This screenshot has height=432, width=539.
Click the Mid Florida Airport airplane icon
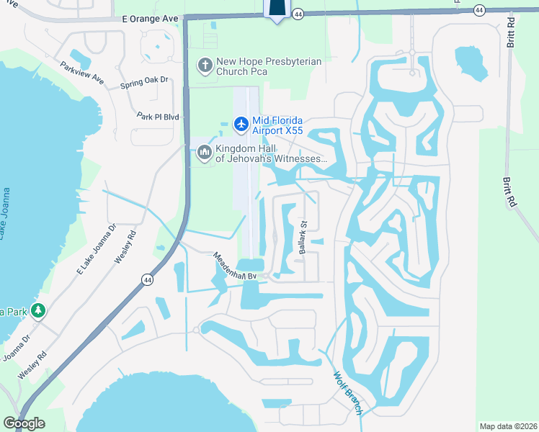pyautogui.click(x=241, y=125)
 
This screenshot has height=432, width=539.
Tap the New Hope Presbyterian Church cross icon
pyautogui.click(x=205, y=66)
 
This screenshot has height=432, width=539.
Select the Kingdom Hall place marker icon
pyautogui.click(x=205, y=153)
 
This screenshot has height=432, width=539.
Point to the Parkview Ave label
pyautogui.click(x=82, y=73)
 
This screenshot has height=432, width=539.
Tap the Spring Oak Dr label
pyautogui.click(x=144, y=84)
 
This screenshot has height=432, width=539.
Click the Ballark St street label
pyautogui.click(x=303, y=238)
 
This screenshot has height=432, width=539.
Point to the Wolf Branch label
pyautogui.click(x=349, y=393)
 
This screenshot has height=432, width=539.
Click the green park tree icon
pyautogui.click(x=37, y=311)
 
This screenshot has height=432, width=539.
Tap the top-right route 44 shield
pyautogui.click(x=479, y=9)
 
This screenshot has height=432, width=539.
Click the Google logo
pyautogui.click(x=24, y=423)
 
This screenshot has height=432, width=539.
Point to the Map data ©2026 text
pyautogui.click(x=508, y=426)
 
